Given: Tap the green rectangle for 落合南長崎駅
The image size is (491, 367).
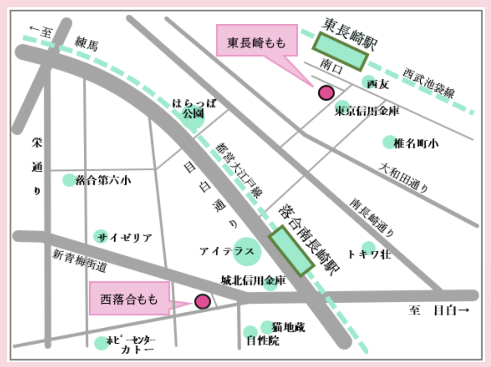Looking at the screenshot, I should click(291, 250).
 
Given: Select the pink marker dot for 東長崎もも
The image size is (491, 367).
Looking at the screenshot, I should click(326, 92).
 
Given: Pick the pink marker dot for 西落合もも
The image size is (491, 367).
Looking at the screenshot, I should click(202, 301).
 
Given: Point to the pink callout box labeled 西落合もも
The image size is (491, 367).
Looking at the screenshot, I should click(129, 298).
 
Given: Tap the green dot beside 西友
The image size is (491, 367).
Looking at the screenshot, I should click(368, 81).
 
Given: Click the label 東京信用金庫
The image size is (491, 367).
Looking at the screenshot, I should click(367, 112).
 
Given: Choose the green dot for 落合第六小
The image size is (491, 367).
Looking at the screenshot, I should click(69, 180).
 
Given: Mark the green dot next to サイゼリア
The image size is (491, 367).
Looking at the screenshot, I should click(101, 236).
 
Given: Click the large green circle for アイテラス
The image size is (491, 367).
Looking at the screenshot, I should click(247, 251).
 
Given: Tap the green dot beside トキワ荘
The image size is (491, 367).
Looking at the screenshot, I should click(368, 247).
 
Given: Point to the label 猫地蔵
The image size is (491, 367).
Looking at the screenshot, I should click(289, 328).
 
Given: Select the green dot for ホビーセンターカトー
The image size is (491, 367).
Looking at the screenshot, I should click(101, 343).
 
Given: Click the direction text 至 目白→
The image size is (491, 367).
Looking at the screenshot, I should click(438, 311).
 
